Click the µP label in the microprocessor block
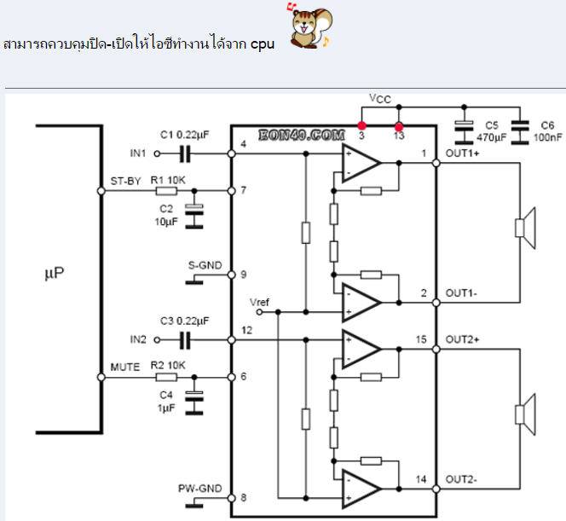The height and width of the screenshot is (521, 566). (54, 274)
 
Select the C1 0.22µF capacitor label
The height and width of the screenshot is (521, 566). (185, 135)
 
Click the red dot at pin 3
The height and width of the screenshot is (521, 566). (361, 125)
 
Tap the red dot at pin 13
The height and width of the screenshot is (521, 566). (398, 125)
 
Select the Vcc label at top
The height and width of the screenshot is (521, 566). (380, 99)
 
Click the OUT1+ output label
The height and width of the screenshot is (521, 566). (463, 153)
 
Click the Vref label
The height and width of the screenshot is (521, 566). (259, 303)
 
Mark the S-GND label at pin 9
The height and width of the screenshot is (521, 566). (205, 265)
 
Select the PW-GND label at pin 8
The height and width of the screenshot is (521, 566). (201, 488)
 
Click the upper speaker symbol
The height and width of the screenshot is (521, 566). (523, 228)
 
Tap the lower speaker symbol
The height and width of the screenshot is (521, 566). (523, 414)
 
